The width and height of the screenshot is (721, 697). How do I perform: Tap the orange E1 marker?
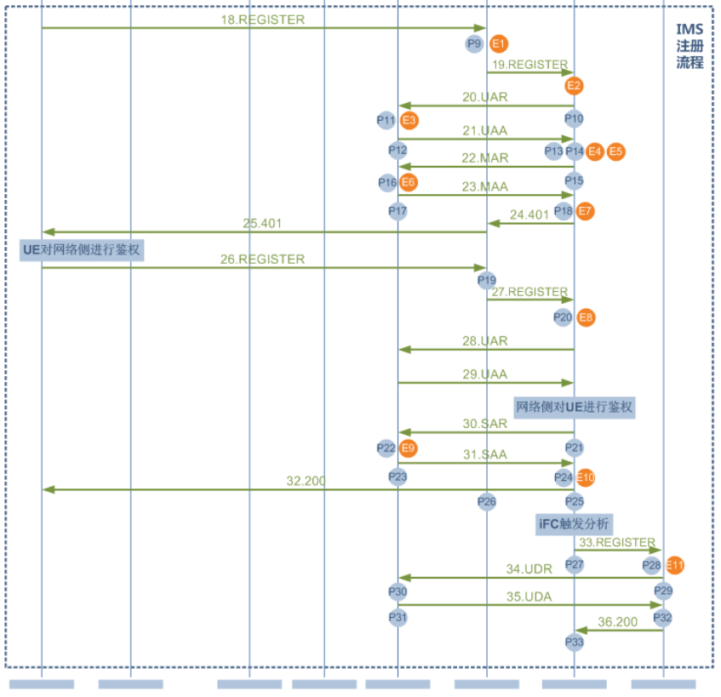(499, 43)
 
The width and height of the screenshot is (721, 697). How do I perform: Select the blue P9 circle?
(474, 43)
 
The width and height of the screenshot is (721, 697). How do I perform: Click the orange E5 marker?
(615, 151)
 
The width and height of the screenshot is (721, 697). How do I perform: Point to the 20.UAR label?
(484, 97)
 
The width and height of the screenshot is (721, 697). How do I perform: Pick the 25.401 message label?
(262, 223)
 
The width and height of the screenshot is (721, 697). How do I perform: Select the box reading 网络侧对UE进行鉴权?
(575, 407)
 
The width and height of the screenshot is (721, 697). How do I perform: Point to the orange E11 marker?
(675, 564)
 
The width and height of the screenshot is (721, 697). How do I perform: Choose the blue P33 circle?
(575, 642)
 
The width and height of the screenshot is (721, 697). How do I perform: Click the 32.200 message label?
(306, 481)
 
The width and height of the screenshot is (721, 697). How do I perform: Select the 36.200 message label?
(617, 622)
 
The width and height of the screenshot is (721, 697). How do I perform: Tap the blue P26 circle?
(487, 501)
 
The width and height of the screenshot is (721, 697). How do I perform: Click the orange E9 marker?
(409, 448)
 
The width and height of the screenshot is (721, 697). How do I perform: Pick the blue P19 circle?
(487, 280)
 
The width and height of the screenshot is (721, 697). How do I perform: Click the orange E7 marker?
(585, 210)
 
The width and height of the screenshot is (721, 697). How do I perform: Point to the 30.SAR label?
(484, 424)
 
